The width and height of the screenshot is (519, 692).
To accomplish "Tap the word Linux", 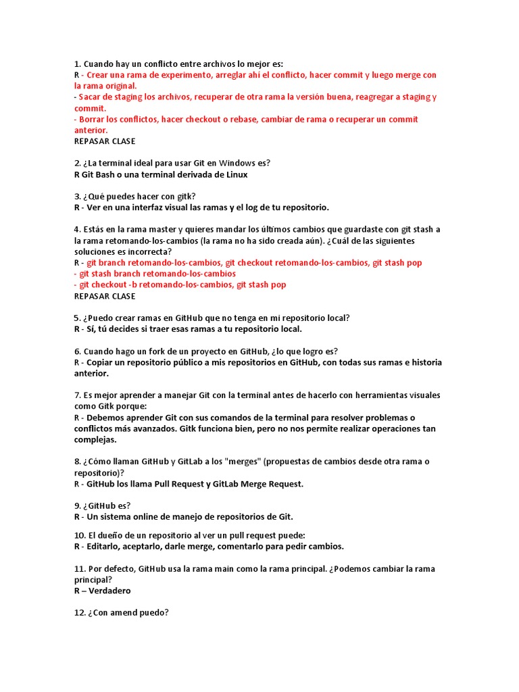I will [x=235, y=174].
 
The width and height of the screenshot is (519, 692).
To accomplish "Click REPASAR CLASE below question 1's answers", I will [x=105, y=141].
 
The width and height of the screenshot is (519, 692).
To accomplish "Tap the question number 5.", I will [x=77, y=318].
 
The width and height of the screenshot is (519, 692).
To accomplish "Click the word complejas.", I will [x=97, y=439].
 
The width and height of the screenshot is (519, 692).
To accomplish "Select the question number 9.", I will [x=77, y=506].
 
